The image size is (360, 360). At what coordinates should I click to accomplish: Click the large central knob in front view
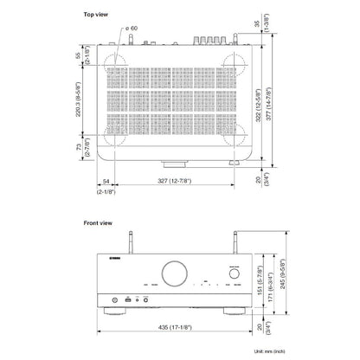(171, 274)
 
